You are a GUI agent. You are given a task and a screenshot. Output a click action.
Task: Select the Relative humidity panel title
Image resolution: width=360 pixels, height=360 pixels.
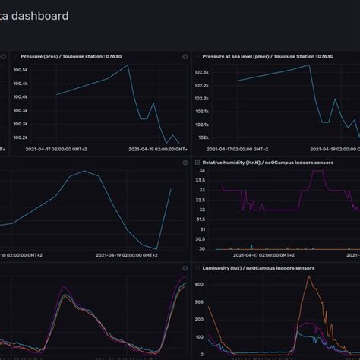[263, 163]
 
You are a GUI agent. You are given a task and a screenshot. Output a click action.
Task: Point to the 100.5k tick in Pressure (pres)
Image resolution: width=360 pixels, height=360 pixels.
[21, 70]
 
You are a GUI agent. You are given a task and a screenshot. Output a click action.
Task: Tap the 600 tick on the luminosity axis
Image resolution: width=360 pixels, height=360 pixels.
[200, 284]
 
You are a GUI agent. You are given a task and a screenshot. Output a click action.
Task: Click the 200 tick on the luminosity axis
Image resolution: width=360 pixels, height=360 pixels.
[200, 336]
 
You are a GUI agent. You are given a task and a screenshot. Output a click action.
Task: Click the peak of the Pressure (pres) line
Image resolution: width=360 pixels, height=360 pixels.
[128, 66]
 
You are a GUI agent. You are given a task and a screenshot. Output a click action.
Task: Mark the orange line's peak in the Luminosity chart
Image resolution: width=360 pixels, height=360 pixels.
[310, 277]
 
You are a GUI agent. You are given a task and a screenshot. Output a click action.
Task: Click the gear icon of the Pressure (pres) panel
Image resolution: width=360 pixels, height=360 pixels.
[185, 56]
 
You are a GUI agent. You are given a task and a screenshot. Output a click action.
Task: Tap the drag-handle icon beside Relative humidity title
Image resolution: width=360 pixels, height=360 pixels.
[197, 163]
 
